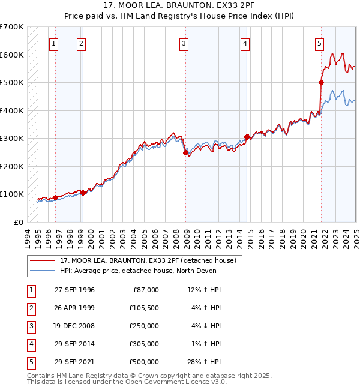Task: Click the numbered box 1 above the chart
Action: [x=54, y=43]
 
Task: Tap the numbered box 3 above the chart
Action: [x=184, y=43]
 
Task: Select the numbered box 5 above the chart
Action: [x=319, y=43]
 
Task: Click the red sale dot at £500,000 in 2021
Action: [x=321, y=83]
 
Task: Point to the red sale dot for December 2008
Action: [x=185, y=152]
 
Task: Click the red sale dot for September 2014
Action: [x=247, y=137]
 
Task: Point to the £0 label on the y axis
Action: [x=18, y=222]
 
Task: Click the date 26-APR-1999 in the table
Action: [x=74, y=308]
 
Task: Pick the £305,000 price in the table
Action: [x=144, y=344]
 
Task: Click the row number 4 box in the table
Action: [x=29, y=344]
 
